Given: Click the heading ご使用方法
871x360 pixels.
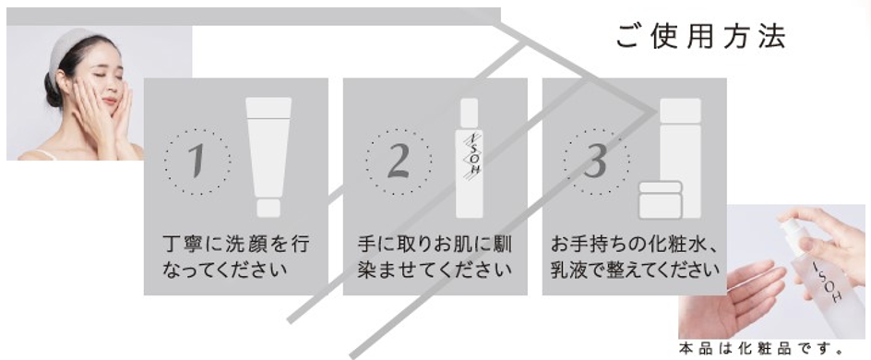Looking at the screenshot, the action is pyautogui.click(x=700, y=37).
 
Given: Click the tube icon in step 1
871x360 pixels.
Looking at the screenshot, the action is pyautogui.click(x=268, y=157).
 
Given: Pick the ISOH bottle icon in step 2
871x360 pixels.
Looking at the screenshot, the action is pyautogui.click(x=470, y=158).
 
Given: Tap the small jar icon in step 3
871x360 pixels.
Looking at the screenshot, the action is pyautogui.click(x=660, y=199).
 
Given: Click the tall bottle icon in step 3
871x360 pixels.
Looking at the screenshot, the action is pyautogui.click(x=681, y=157).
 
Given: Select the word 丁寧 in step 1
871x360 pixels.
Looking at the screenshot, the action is pyautogui.click(x=185, y=245).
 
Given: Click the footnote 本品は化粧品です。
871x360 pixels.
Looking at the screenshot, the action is pyautogui.click(x=761, y=350).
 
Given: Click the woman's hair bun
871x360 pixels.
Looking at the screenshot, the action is pyautogui.click(x=53, y=90).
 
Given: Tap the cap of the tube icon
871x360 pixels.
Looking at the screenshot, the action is pyautogui.click(x=268, y=209).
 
